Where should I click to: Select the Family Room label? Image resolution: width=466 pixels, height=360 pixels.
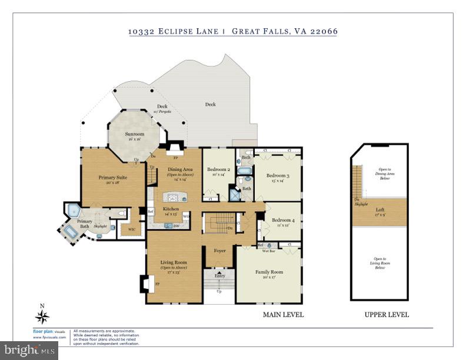[269, 272]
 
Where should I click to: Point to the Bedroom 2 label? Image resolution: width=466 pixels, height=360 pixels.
[221, 169]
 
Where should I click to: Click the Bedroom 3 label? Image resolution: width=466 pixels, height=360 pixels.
[278, 176]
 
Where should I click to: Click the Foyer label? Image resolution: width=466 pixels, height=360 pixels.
[219, 251]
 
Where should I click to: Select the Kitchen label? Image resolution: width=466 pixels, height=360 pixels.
[171, 209]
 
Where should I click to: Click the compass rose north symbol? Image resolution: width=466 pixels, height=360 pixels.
[42, 317]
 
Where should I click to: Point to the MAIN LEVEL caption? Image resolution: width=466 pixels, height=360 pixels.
[283, 315]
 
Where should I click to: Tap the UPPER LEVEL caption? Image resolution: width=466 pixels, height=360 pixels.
[387, 315]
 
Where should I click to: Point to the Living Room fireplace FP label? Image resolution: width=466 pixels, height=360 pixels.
[157, 283]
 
